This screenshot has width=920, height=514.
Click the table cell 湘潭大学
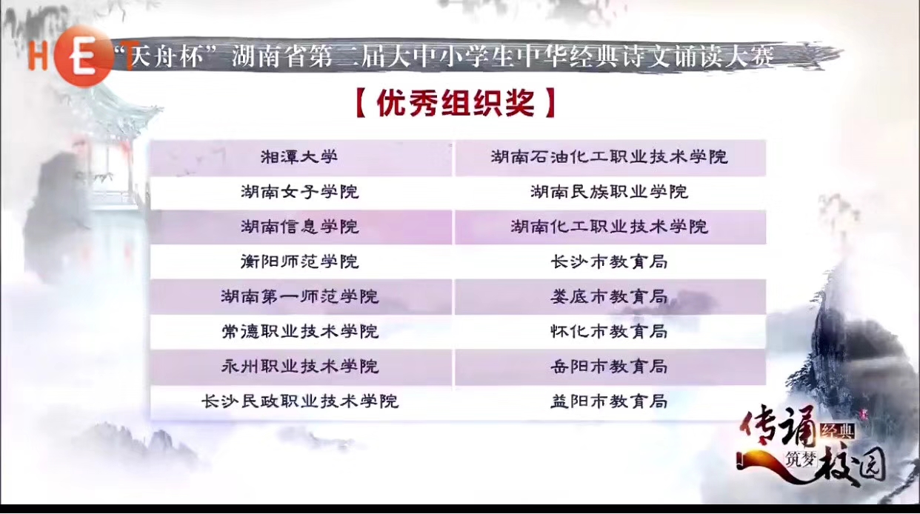[x=301, y=158]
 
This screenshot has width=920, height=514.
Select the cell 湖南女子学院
[x=301, y=193]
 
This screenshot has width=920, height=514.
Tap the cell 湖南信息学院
[x=301, y=227]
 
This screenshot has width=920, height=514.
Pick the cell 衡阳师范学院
[x=301, y=262]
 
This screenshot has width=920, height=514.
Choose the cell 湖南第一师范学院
[x=301, y=297]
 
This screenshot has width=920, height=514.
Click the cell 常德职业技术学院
[x=301, y=332]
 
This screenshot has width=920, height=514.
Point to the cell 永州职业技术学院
[x=301, y=367]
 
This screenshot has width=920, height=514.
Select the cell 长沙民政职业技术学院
[x=301, y=402]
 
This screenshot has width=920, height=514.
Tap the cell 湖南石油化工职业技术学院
[x=610, y=158]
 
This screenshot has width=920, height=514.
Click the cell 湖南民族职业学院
[x=610, y=193]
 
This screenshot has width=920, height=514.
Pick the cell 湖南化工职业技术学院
[x=610, y=227]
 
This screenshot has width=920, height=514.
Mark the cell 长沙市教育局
[x=610, y=262]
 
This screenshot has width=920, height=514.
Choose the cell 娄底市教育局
[x=610, y=297]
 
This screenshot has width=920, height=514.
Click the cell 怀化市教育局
[x=610, y=332]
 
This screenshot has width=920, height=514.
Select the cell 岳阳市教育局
[x=610, y=367]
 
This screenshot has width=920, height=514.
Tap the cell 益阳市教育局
[x=610, y=402]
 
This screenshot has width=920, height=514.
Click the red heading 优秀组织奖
[x=456, y=103]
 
